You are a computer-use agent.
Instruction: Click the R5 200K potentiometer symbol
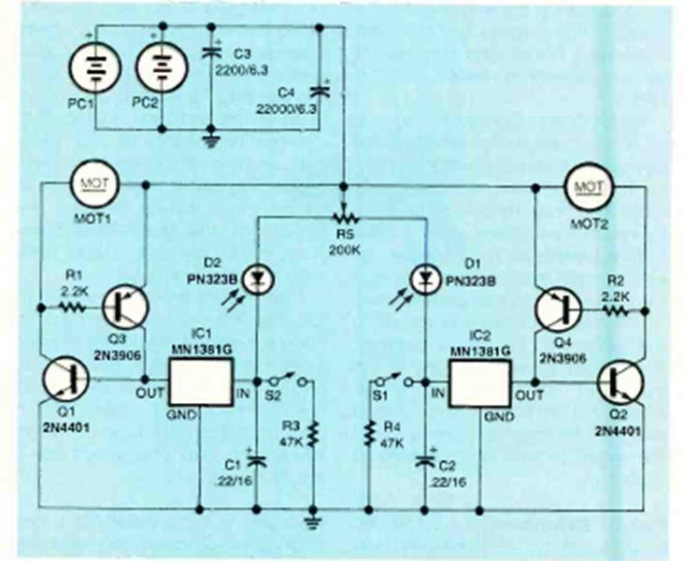click(344, 216)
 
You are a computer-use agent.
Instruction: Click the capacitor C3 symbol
click(210, 54)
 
